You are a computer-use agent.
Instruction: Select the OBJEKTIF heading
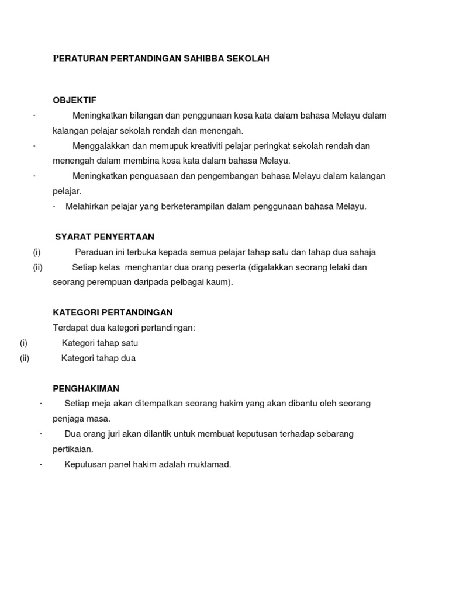(x=75, y=100)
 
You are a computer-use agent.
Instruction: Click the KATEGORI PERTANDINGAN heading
(x=113, y=312)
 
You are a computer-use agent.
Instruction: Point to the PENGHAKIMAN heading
(x=86, y=388)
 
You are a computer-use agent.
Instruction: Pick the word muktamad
(x=210, y=464)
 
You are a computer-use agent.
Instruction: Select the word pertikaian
(x=73, y=449)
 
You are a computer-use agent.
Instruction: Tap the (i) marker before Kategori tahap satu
(x=23, y=343)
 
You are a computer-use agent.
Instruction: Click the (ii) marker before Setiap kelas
(x=38, y=267)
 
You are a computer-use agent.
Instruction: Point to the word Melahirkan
(x=88, y=206)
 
